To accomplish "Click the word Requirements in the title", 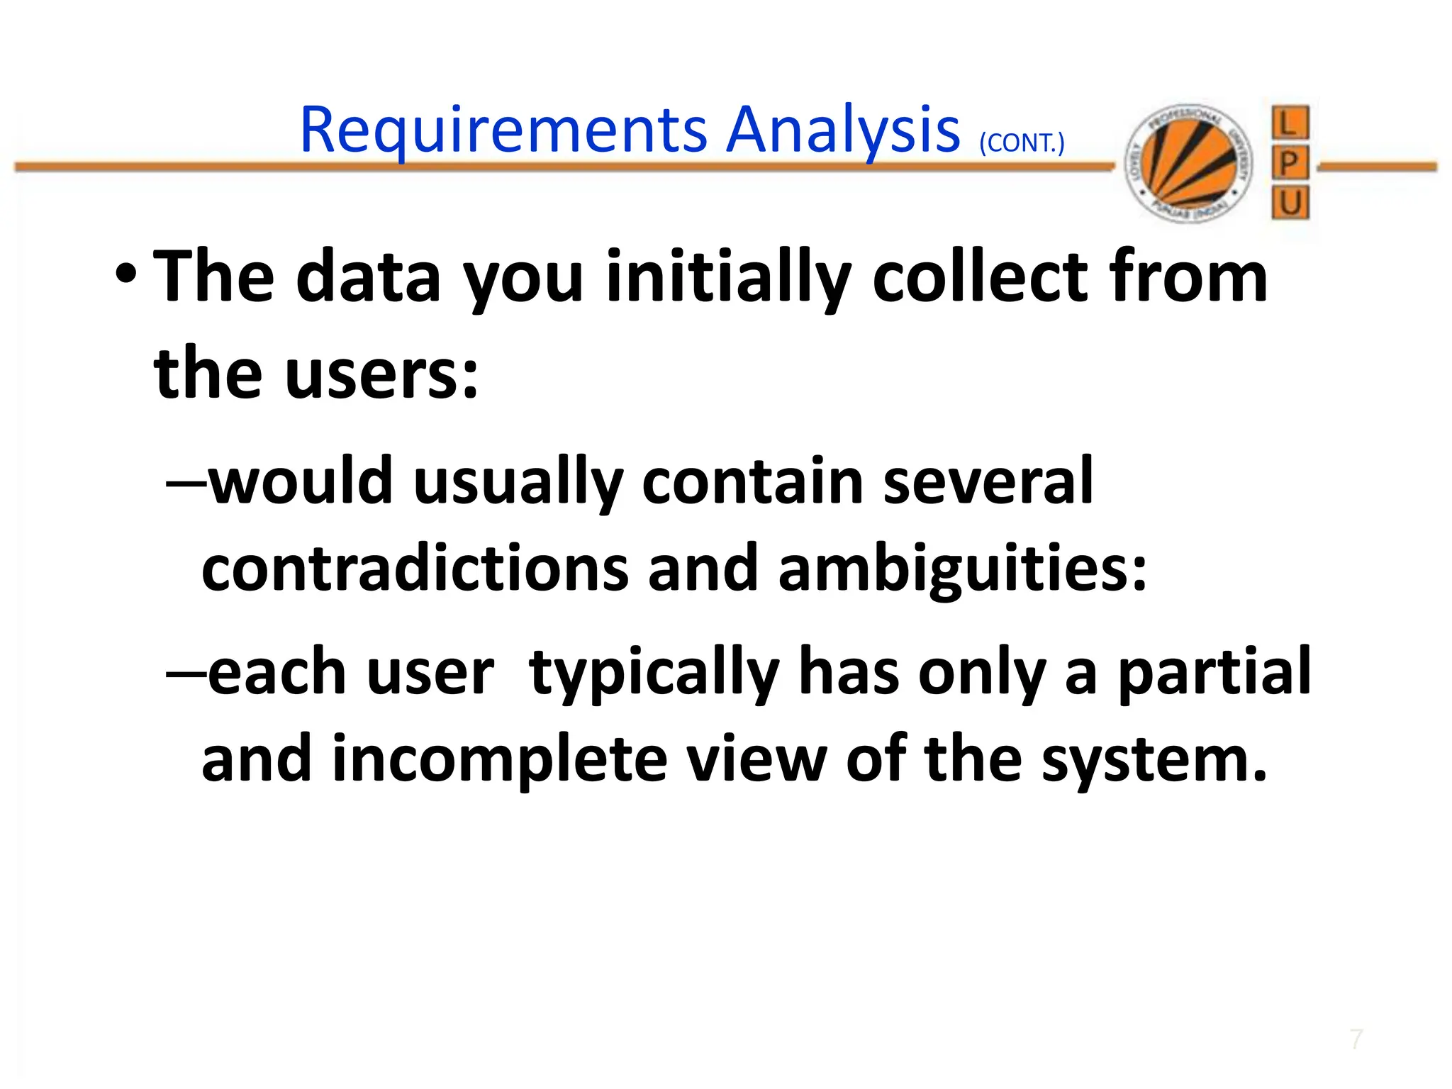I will (x=503, y=131).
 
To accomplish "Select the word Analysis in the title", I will (x=843, y=131).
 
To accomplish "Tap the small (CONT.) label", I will (x=1022, y=143).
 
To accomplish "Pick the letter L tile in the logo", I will (x=1290, y=123).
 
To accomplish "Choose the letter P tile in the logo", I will (x=1290, y=164).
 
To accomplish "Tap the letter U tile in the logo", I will (x=1290, y=204).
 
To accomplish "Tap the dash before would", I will (x=186, y=483).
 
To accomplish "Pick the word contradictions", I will (x=415, y=569).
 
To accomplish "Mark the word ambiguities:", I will (x=962, y=569).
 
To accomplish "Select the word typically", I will (x=654, y=674).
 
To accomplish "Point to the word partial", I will (x=1214, y=672).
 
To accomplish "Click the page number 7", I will (x=1356, y=1039).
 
